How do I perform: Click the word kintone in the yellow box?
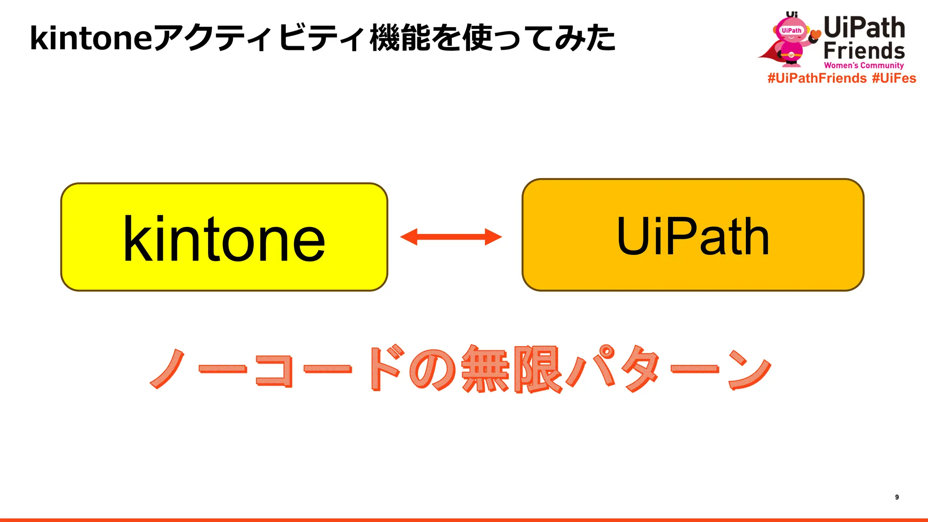pyautogui.click(x=224, y=239)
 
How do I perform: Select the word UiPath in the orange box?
pyautogui.click(x=693, y=236)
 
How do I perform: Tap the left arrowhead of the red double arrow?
pyautogui.click(x=409, y=237)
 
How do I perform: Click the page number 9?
pyautogui.click(x=897, y=497)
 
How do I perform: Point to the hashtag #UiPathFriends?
pyautogui.click(x=817, y=78)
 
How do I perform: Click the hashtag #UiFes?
pyautogui.click(x=894, y=78)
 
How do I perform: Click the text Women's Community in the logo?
pyautogui.click(x=864, y=65)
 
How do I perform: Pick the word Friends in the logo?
pyautogui.click(x=864, y=51)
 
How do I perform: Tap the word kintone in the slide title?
pyautogui.click(x=91, y=38)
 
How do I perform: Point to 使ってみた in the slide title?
pyautogui.click(x=539, y=38)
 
